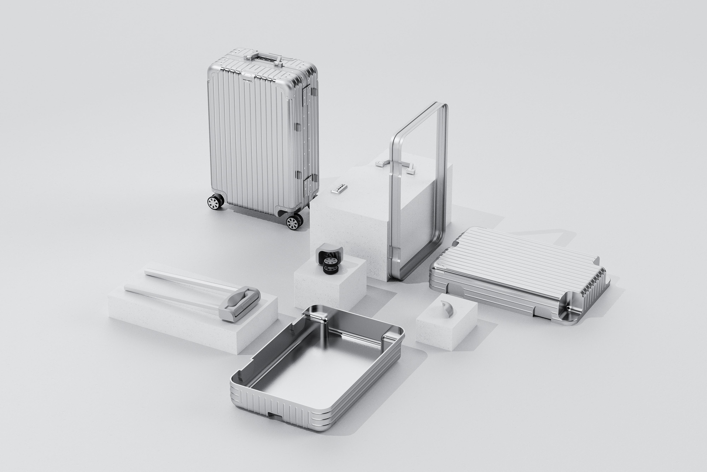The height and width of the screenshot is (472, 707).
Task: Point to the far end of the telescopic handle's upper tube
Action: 147,272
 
